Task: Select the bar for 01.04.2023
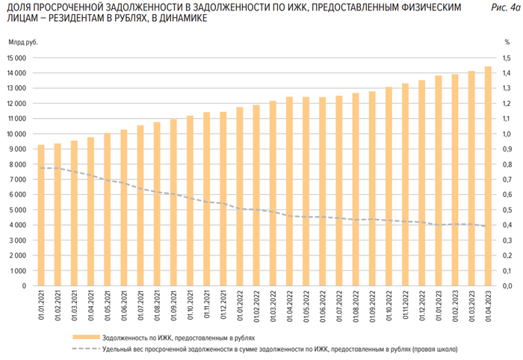(x=489, y=176)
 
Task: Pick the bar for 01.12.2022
(x=422, y=183)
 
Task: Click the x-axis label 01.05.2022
(x=306, y=306)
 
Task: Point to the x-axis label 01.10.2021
(x=190, y=306)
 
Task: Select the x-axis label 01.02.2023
(x=455, y=306)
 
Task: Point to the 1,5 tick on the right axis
(x=507, y=58)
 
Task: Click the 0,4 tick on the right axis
(x=507, y=225)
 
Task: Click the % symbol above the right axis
(x=506, y=42)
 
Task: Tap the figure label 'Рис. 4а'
(x=502, y=7)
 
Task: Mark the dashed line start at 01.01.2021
(x=40, y=167)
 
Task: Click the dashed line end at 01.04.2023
(x=489, y=226)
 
